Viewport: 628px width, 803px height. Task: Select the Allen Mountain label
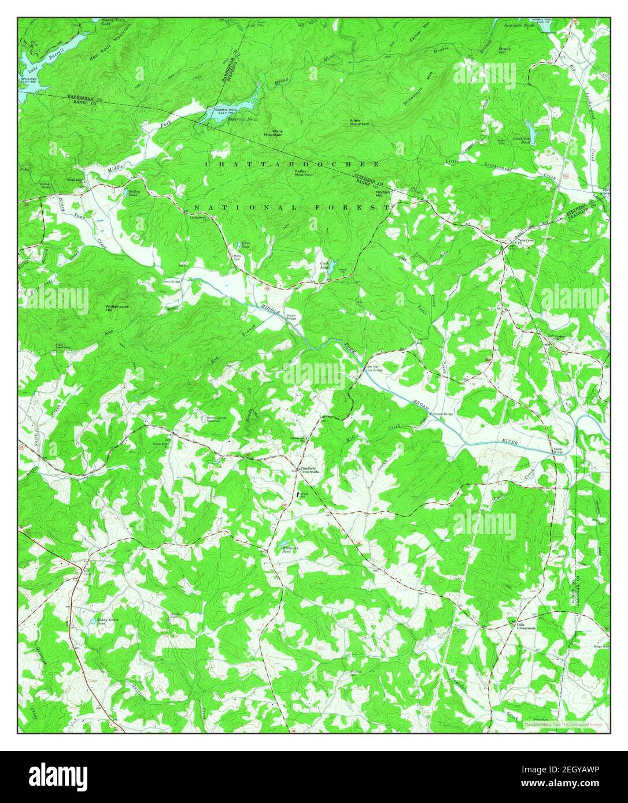359,122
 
